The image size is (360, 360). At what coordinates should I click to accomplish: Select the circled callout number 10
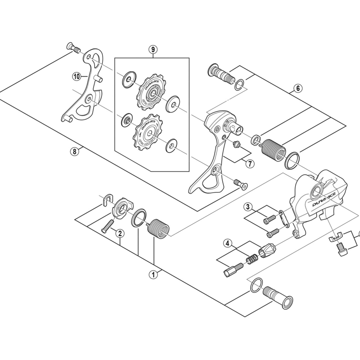(x=77, y=76)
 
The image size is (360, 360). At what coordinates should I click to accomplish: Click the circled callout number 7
(x=249, y=163)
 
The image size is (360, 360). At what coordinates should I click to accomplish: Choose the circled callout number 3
(x=248, y=207)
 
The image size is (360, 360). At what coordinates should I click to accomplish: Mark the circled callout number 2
(x=120, y=233)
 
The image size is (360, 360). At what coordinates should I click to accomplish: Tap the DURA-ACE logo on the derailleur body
(x=323, y=200)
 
